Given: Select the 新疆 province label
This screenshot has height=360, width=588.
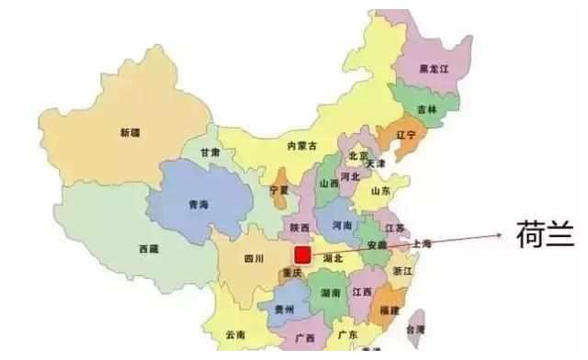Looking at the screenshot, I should click(x=131, y=132).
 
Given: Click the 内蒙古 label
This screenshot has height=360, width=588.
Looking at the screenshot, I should click(x=300, y=146).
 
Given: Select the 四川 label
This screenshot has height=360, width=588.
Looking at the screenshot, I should click(x=254, y=260).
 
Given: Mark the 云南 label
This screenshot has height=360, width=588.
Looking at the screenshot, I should click(x=235, y=336).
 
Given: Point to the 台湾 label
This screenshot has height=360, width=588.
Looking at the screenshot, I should click(x=416, y=328).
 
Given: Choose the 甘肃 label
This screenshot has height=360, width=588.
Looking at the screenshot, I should click(x=209, y=152).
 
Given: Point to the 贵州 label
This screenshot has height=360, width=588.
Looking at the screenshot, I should click(x=285, y=310).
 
